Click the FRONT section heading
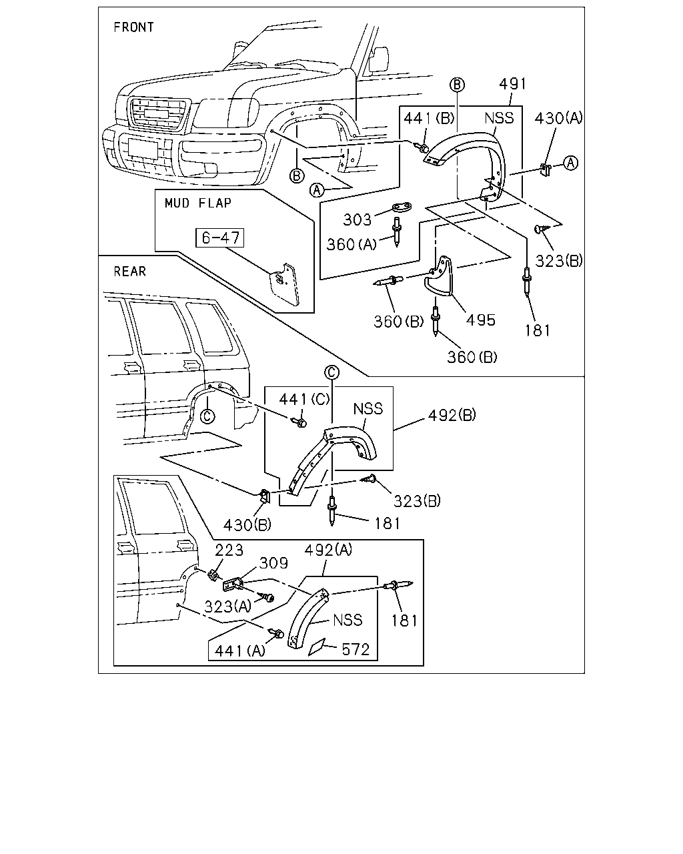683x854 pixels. (x=133, y=27)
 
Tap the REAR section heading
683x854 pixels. (x=130, y=272)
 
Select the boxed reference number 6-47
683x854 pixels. (x=220, y=238)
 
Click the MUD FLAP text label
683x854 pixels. (x=197, y=203)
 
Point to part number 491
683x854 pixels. (x=512, y=84)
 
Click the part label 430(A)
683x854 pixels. (x=558, y=118)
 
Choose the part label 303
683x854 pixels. (x=358, y=220)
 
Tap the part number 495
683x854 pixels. (x=481, y=320)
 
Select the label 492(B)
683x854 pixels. (x=452, y=416)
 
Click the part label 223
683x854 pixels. (x=229, y=550)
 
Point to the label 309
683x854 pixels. (x=273, y=563)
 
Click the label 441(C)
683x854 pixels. (x=304, y=399)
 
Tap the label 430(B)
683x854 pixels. (x=247, y=526)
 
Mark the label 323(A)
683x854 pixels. (x=228, y=606)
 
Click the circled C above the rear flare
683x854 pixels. (x=331, y=372)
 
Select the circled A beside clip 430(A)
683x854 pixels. (x=571, y=163)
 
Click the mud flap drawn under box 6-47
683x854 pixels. (x=285, y=284)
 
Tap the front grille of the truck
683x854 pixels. (x=157, y=113)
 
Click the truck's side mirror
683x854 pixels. (x=379, y=59)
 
